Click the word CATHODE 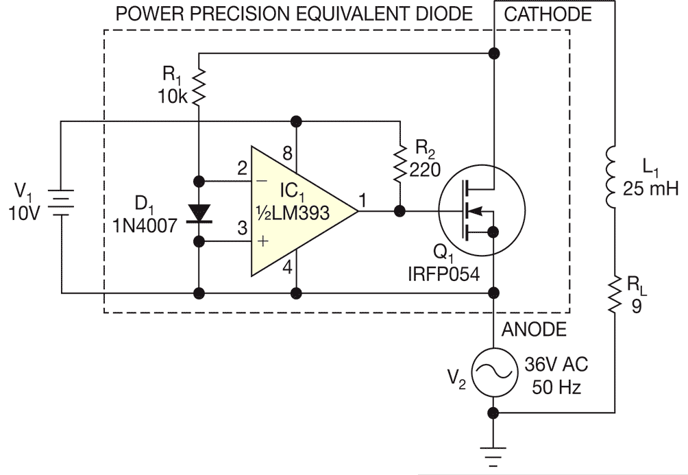point(548,14)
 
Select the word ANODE point(535,330)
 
